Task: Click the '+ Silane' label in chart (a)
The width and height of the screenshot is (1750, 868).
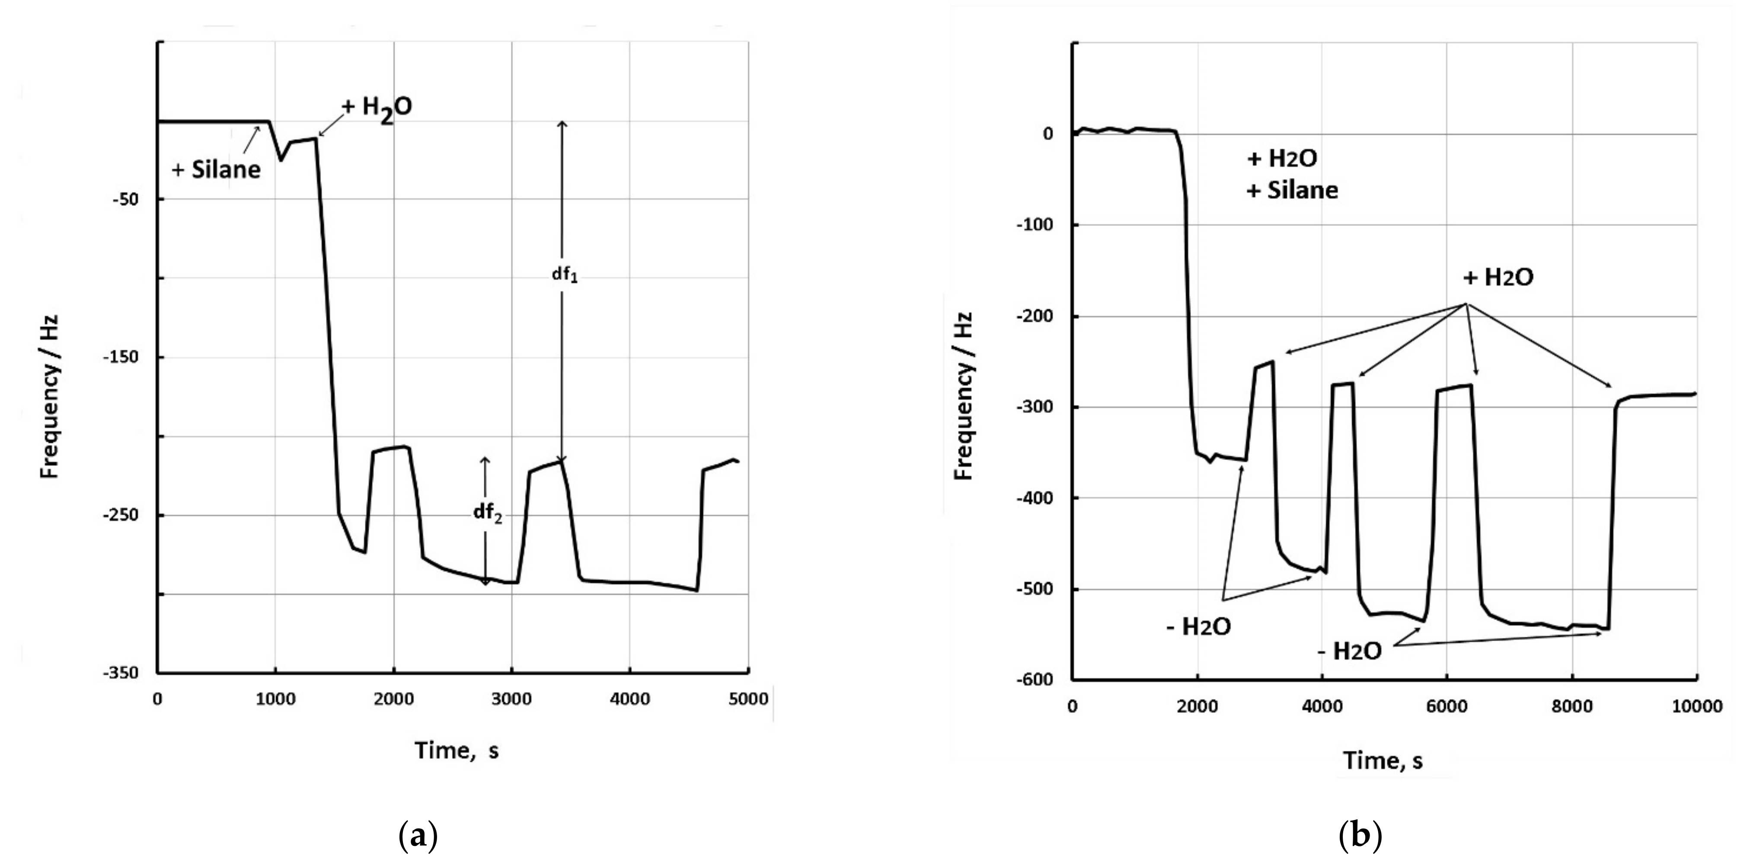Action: point(216,169)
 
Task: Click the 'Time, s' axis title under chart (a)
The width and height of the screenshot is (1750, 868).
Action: point(457,750)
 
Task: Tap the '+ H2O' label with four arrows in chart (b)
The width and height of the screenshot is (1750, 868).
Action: point(1498,278)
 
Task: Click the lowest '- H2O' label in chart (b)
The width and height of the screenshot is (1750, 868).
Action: point(1349,651)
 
